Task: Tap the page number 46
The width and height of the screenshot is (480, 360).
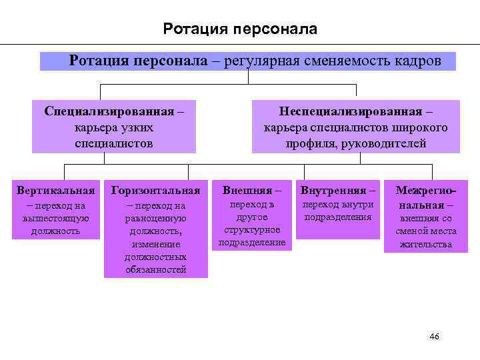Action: pos(434,337)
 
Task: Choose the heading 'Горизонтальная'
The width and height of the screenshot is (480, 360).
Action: pos(156,191)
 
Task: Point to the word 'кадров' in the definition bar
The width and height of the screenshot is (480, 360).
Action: pos(417,61)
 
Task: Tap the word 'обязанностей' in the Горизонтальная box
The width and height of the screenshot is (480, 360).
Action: pos(156,269)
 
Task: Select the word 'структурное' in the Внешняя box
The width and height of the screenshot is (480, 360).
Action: pos(252,230)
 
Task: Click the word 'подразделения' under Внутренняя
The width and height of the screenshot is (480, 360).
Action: pos(337,217)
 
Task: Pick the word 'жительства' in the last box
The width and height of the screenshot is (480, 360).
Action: pos(426,244)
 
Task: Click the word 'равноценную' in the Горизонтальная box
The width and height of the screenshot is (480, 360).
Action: pos(156,219)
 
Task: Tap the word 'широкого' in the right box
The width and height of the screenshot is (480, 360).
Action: pos(422,127)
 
